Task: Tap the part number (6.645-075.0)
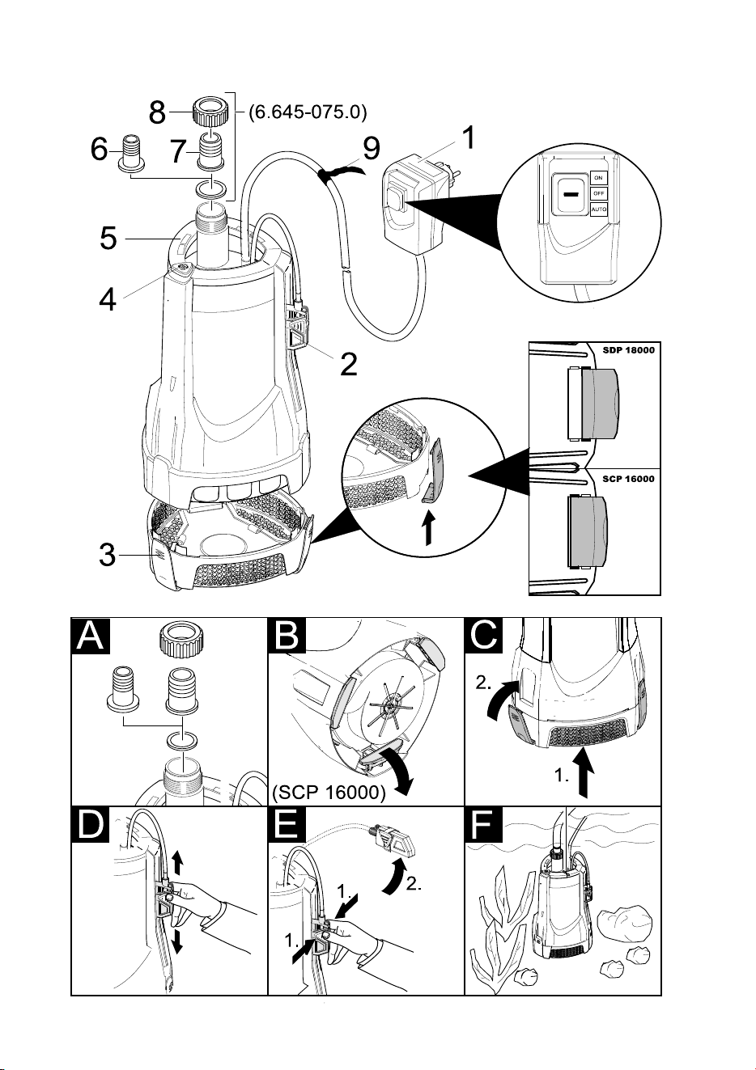[x=308, y=112]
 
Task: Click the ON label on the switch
[x=599, y=178]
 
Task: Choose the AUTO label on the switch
[x=599, y=209]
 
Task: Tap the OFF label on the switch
[x=599, y=194]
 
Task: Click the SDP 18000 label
[x=628, y=350]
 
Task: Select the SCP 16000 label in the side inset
[x=628, y=479]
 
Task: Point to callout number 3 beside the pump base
[x=108, y=555]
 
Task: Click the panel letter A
[x=91, y=636]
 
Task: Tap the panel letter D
[x=91, y=824]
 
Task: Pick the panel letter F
[x=483, y=824]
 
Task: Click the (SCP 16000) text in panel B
[x=329, y=793]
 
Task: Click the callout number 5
[x=108, y=238]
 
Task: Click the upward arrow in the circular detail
[x=429, y=528]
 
